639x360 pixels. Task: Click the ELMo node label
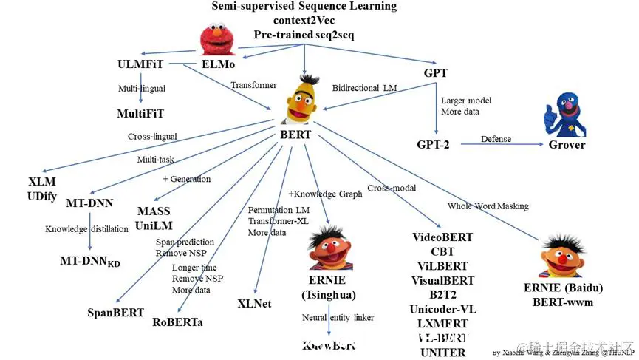[x=219, y=65]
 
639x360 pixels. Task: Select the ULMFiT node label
[x=140, y=64]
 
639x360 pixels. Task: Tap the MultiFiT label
[x=140, y=114]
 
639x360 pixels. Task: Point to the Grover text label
[x=567, y=144]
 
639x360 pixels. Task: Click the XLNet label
[x=254, y=303]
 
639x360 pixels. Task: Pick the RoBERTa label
[x=177, y=322]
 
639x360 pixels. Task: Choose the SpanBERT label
[x=115, y=312]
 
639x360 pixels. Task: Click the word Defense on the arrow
[x=496, y=139]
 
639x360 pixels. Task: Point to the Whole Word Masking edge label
[x=488, y=206]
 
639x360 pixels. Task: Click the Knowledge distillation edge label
[x=86, y=229]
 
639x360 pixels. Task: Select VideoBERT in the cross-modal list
[x=442, y=238]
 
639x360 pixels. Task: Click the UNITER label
[x=442, y=353]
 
